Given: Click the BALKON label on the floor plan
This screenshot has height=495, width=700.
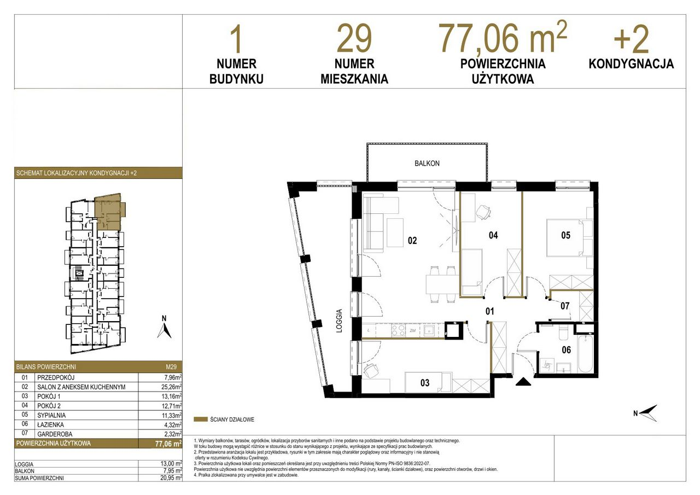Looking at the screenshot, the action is click(427, 163).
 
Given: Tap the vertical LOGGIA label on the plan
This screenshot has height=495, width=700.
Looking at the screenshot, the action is click(339, 321).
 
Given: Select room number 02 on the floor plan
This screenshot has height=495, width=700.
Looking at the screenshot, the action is click(412, 240).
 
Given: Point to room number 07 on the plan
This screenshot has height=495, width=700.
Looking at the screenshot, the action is click(565, 306).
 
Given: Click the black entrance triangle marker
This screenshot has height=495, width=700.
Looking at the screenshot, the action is click(523, 382).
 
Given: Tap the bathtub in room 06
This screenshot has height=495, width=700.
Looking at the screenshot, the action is click(585, 354).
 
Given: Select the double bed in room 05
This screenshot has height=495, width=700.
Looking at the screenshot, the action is click(564, 238).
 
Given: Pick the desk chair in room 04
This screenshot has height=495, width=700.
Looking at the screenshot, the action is click(483, 213).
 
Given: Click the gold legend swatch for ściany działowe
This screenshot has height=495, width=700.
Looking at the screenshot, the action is click(201, 420).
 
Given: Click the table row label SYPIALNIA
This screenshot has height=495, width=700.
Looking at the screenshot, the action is click(51, 415).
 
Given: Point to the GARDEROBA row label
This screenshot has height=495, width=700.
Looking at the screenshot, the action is click(55, 434).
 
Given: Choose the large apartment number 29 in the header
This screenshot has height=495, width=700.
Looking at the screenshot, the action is click(354, 39).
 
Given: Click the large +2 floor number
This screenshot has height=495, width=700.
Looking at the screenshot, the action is click(631, 39).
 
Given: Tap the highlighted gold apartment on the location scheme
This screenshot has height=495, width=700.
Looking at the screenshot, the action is click(108, 212).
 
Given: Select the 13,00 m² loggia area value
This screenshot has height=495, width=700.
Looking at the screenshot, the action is click(171, 464).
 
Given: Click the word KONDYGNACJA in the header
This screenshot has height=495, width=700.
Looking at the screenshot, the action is click(631, 64).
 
